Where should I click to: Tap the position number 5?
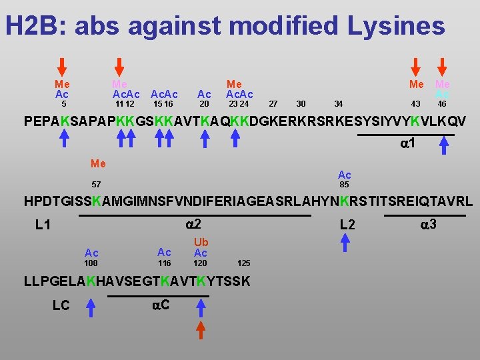click(63, 104)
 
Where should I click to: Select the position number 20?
click(205, 104)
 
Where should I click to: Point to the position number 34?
click(339, 104)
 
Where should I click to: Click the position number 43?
click(415, 104)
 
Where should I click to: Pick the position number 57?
click(97, 184)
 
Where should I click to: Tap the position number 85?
click(344, 185)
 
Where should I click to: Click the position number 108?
click(91, 263)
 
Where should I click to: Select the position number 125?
click(243, 263)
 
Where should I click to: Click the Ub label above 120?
click(201, 242)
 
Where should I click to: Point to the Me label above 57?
click(98, 163)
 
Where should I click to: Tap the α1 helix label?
click(408, 144)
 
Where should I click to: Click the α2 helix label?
click(193, 223)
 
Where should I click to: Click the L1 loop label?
click(43, 225)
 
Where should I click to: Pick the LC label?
click(61, 305)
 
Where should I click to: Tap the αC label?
click(160, 305)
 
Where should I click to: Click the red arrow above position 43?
click(416, 67)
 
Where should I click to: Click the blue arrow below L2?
click(345, 241)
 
